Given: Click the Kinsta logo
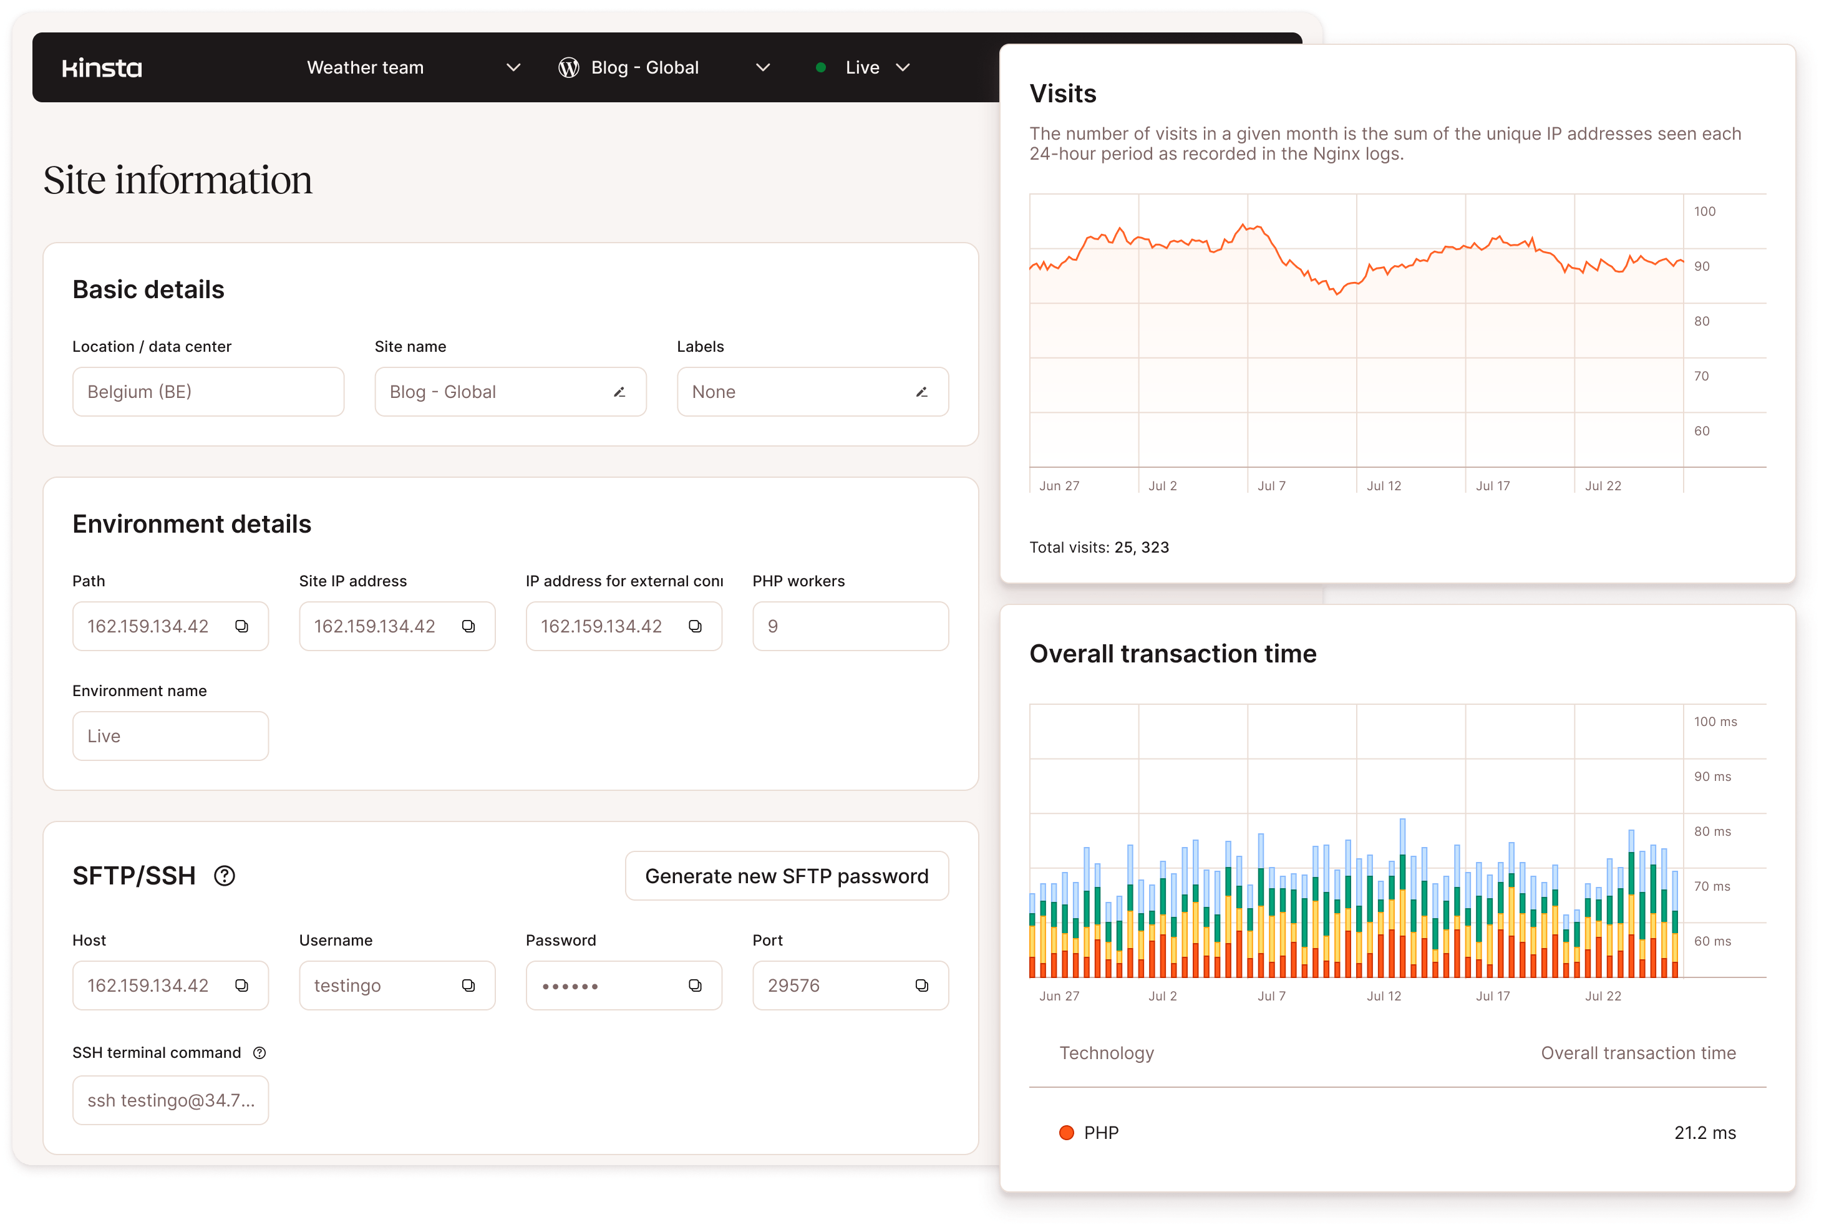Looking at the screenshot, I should click(102, 68).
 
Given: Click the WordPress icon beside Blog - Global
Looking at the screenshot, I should click(569, 68).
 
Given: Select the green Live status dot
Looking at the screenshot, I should click(820, 67).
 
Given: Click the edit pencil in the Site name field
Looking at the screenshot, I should click(619, 392).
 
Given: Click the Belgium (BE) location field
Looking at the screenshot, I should click(208, 392).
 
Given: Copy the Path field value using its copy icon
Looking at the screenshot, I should click(241, 626).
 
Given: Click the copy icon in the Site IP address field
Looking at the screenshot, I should click(468, 626).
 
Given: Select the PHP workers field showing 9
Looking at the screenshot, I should click(850, 626).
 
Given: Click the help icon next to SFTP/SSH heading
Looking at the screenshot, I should click(225, 876).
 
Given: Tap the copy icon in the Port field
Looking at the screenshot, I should click(922, 985).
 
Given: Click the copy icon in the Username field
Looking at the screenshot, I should click(468, 985).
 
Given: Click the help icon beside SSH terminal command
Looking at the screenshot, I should click(260, 1053).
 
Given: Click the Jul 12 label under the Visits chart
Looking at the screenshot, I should click(1383, 485).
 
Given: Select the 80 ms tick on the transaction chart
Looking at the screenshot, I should click(1712, 831).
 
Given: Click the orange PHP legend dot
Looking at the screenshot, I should click(1066, 1133).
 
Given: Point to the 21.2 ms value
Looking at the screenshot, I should click(1705, 1133).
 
